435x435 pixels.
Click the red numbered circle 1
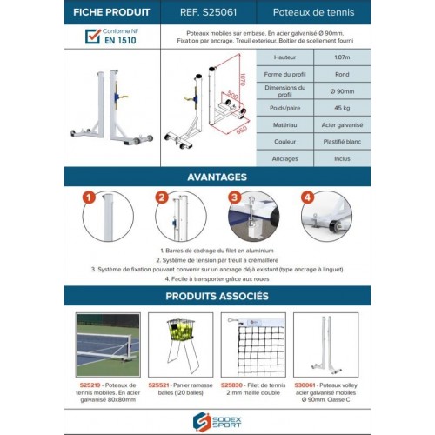coord(87,197)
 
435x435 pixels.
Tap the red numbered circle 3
coord(234,197)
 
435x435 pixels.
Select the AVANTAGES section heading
coord(217,177)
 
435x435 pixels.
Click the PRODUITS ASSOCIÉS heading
coord(217,296)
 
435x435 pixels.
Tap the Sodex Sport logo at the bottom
coord(217,419)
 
